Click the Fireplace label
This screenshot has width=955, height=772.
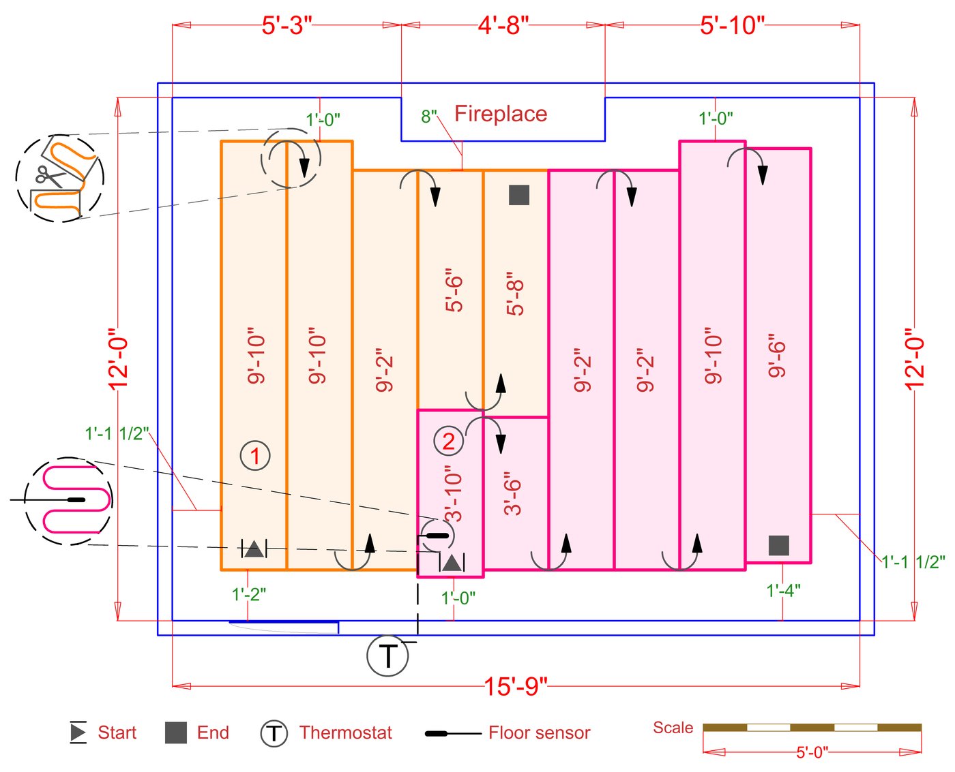tap(501, 114)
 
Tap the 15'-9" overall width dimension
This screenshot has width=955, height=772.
tap(516, 686)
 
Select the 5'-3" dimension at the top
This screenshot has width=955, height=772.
tap(286, 25)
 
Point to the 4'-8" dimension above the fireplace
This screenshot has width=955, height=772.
tap(503, 25)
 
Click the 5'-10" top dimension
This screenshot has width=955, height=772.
tap(732, 25)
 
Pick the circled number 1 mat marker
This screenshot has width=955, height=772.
tap(255, 455)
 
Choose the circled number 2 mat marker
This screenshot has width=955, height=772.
tap(448, 441)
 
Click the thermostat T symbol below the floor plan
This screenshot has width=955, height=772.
tap(387, 655)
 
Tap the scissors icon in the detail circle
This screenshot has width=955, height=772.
tap(49, 176)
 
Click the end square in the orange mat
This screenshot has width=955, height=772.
tap(519, 195)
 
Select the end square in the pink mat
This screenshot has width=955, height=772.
tap(779, 545)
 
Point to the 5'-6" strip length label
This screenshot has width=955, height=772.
tap(454, 294)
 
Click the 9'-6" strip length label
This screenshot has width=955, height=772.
tap(778, 355)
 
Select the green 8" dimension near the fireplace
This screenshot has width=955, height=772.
tap(428, 117)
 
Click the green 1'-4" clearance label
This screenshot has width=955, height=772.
tap(783, 590)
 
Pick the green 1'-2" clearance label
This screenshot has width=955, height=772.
tap(248, 594)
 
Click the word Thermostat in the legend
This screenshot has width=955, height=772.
tap(345, 733)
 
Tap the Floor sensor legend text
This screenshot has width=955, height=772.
tap(539, 733)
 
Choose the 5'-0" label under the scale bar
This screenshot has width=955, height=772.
tap(812, 752)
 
